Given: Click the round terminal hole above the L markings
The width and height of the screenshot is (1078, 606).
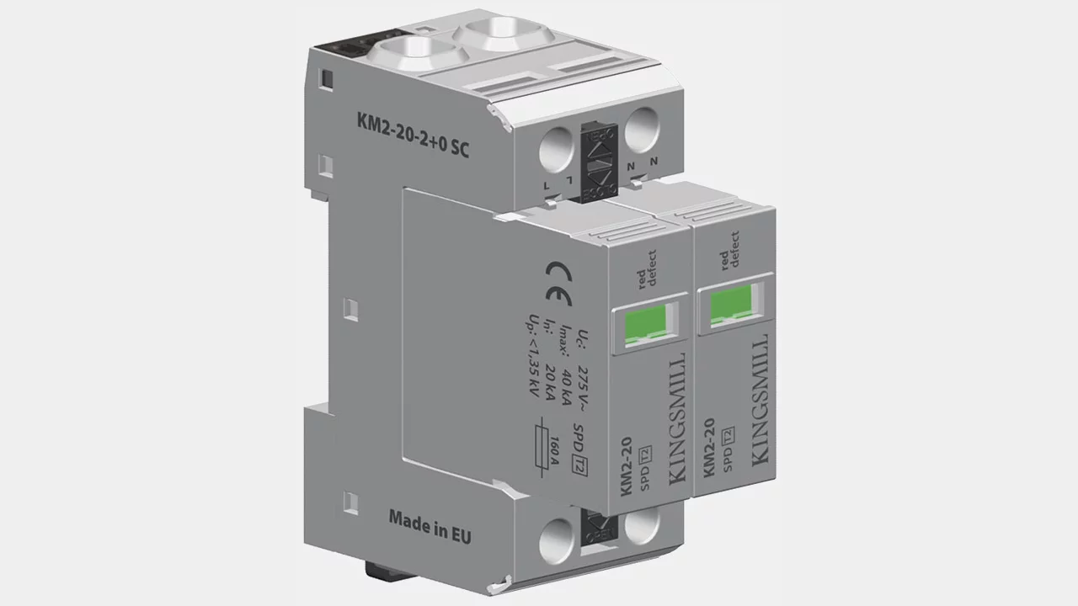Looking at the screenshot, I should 556,153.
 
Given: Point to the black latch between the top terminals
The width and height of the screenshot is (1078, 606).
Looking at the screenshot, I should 600,163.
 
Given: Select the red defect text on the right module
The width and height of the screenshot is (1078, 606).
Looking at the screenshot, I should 729,249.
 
